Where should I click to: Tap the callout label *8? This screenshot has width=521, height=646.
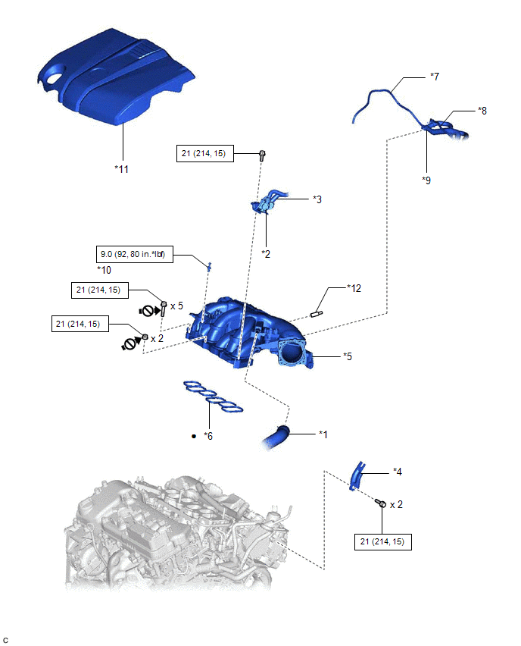(x=482, y=111)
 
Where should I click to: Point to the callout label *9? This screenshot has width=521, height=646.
(x=427, y=181)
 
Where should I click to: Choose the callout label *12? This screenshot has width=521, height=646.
(x=354, y=288)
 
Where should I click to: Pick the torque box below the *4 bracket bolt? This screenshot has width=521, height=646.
(x=383, y=541)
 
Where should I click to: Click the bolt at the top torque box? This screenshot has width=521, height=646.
(x=262, y=155)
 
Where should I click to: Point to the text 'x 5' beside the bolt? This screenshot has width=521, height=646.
(x=176, y=306)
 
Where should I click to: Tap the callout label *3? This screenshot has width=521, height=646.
(x=317, y=199)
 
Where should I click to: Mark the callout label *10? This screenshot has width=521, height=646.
(x=104, y=270)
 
